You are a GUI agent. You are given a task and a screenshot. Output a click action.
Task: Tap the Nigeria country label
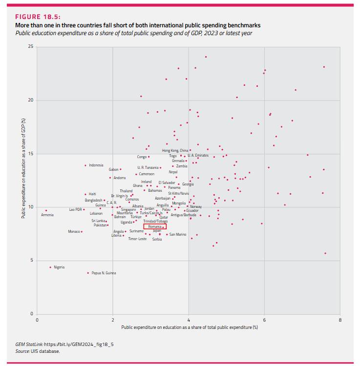(x=59, y=267)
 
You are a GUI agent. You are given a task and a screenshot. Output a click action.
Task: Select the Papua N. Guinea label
(x=104, y=273)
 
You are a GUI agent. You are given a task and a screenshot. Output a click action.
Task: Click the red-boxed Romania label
(x=155, y=227)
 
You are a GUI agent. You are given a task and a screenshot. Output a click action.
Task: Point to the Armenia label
(x=47, y=215)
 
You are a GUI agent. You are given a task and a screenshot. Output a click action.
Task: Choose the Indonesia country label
(x=96, y=165)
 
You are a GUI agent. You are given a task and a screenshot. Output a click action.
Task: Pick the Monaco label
(x=74, y=231)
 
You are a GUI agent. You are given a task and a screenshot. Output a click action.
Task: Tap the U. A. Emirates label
(x=198, y=155)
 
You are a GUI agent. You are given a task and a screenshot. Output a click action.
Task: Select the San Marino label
(x=178, y=234)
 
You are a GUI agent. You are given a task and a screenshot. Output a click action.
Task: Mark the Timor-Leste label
(x=137, y=239)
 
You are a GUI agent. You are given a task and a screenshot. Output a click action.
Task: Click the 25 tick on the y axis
(x=31, y=47)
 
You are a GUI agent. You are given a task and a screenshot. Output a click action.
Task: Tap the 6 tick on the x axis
(x=264, y=320)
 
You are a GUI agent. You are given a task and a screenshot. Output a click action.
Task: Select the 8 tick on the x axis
(x=340, y=320)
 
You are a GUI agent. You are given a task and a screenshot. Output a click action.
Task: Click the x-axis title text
(x=189, y=327)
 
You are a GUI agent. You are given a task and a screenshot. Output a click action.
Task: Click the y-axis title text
(x=22, y=181)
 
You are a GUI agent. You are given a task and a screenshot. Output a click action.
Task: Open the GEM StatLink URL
(x=79, y=345)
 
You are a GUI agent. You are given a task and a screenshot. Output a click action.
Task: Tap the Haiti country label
(x=92, y=194)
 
